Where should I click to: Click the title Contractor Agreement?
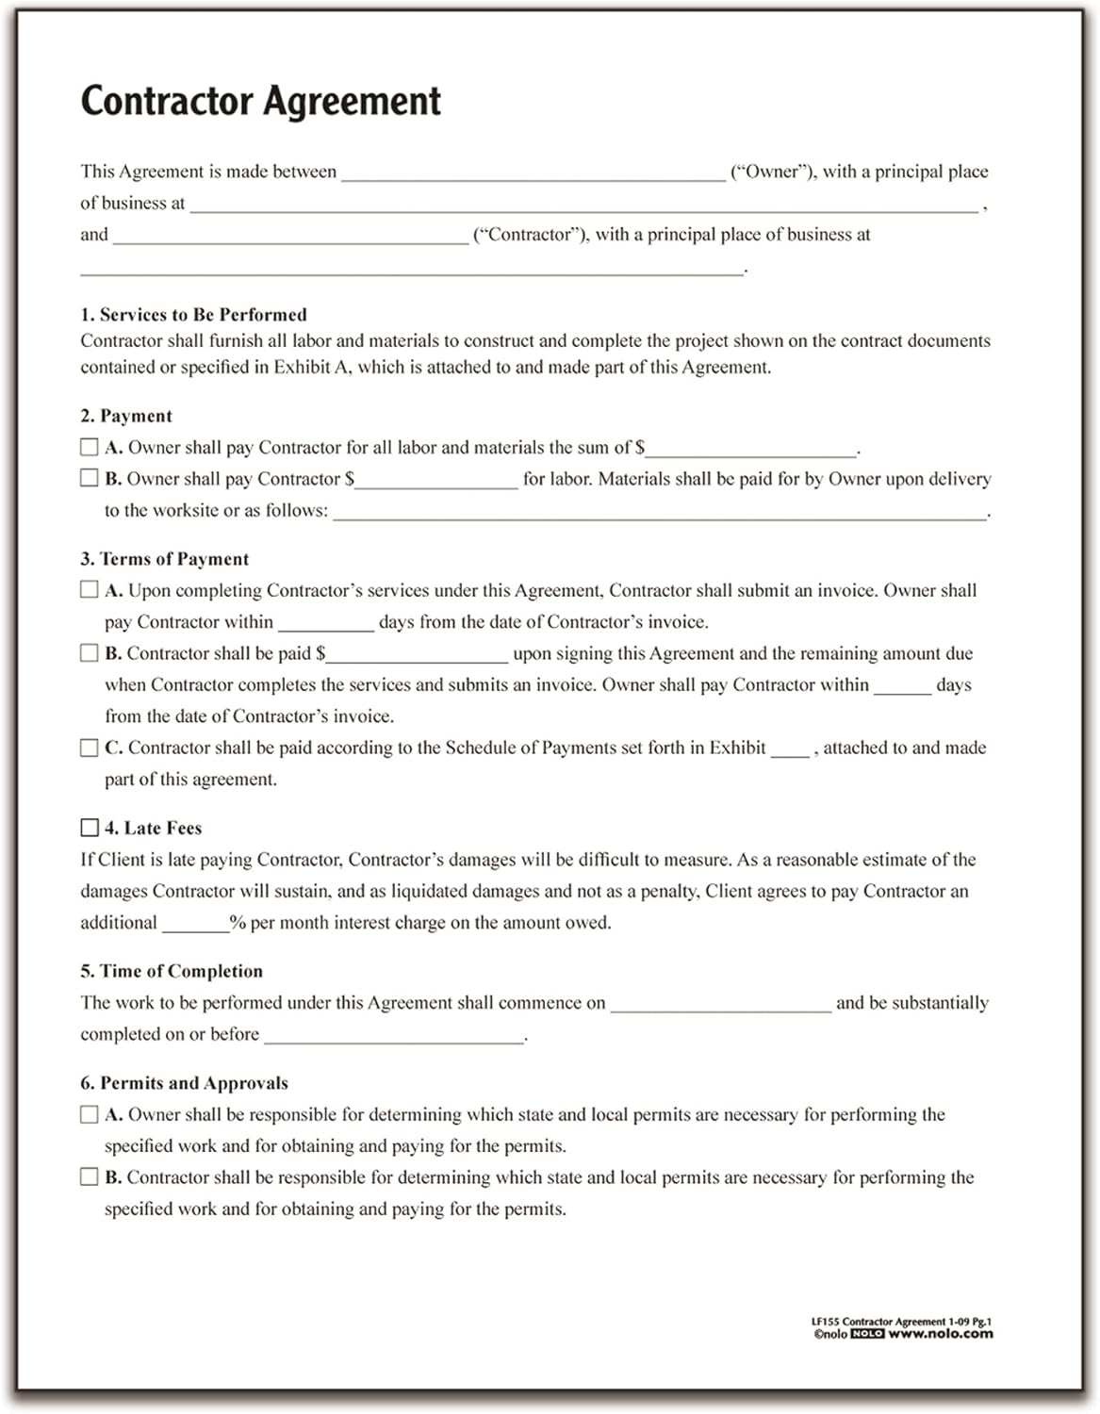tap(260, 101)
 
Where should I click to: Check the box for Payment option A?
tap(90, 447)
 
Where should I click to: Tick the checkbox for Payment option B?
tap(90, 478)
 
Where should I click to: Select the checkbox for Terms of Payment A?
tap(90, 589)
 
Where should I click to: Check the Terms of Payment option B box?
tap(90, 652)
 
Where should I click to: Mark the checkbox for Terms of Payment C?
tap(90, 748)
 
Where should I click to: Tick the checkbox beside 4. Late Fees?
tap(90, 828)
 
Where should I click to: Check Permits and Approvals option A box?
tap(90, 1114)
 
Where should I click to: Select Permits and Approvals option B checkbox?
tap(90, 1176)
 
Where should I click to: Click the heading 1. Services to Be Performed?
tap(193, 315)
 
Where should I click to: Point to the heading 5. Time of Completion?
tap(172, 971)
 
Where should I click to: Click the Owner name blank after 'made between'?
tap(534, 173)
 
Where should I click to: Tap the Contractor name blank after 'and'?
tap(290, 237)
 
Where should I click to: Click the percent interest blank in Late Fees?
tap(195, 925)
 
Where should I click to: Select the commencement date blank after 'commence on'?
tap(720, 1005)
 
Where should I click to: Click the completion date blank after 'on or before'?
tap(393, 1036)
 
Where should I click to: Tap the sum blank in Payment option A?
tap(751, 450)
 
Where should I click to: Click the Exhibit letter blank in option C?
tap(790, 750)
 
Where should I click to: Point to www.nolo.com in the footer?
tap(940, 1334)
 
